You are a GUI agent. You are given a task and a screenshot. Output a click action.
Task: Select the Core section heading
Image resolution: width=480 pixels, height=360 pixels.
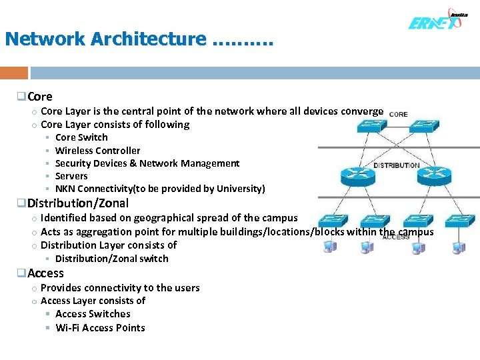[x=40, y=97]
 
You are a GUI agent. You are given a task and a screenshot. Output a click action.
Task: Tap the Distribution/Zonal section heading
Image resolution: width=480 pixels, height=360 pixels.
[x=77, y=203]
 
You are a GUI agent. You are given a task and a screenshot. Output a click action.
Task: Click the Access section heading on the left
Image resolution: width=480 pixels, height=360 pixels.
[x=45, y=273]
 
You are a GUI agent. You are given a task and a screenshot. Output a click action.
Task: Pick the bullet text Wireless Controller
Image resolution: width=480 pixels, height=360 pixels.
[x=97, y=151]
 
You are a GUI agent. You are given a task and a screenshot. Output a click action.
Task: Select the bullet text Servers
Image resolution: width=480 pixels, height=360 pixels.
[x=71, y=176]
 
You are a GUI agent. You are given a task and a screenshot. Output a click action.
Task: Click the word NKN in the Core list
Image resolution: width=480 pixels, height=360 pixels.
[x=65, y=189]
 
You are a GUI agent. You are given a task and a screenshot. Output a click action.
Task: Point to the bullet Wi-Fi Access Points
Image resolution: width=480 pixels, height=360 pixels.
[x=100, y=327]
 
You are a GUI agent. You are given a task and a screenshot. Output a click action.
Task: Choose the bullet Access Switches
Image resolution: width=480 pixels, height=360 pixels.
[x=93, y=314]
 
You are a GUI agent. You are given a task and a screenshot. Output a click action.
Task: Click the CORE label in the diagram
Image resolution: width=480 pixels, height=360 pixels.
[x=398, y=114]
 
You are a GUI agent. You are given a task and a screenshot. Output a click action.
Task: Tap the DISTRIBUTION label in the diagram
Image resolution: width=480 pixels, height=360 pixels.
[x=396, y=165]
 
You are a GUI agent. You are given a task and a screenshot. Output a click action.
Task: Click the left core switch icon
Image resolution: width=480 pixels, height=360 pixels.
[x=350, y=126]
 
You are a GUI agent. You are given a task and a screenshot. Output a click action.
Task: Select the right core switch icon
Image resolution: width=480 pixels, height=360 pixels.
[x=424, y=126]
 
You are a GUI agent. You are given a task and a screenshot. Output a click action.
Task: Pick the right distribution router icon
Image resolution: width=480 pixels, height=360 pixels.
[x=434, y=177]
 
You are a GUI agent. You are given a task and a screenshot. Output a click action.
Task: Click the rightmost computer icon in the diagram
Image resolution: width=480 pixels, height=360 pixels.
[x=459, y=247]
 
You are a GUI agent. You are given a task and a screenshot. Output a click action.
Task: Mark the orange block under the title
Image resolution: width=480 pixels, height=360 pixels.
[x=14, y=73]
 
